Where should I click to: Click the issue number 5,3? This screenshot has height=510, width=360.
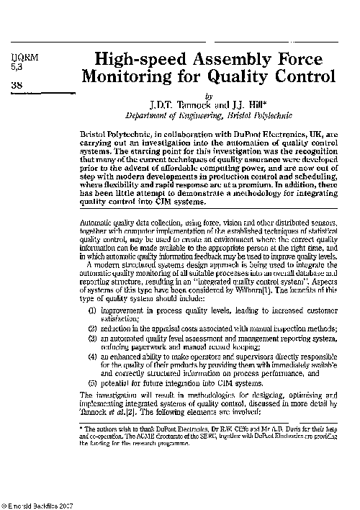(16, 68)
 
